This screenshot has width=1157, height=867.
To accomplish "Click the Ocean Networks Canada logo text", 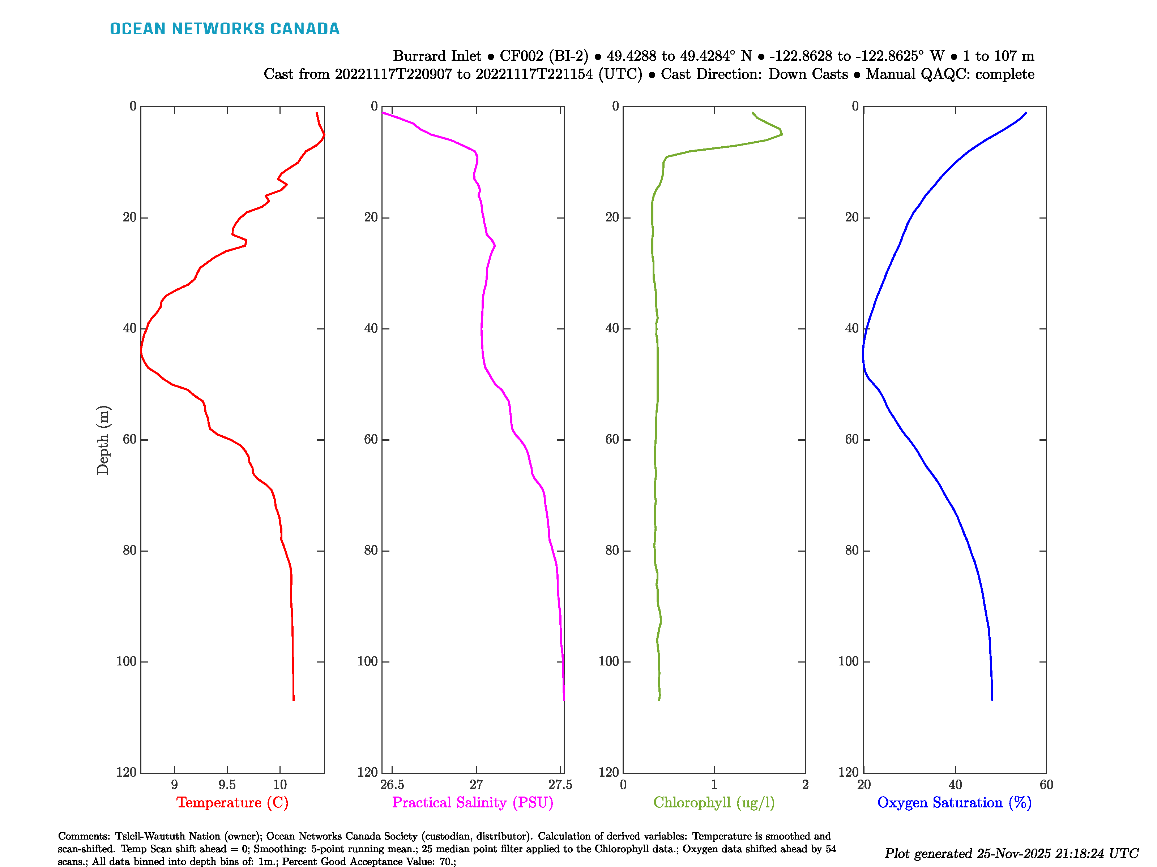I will point(225,29).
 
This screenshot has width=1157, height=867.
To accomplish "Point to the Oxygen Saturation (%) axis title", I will point(954,802).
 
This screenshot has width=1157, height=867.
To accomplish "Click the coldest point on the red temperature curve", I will point(141,353).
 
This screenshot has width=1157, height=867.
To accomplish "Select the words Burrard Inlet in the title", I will point(437,56).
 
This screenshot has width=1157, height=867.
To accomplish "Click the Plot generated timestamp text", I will point(1011,853).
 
